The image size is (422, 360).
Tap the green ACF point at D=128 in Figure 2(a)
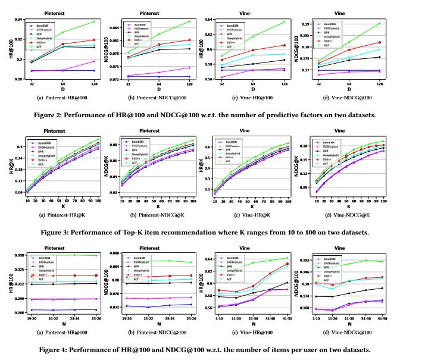94,22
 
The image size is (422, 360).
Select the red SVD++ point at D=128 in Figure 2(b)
189,40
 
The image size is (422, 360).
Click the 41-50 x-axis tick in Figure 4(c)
290,319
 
